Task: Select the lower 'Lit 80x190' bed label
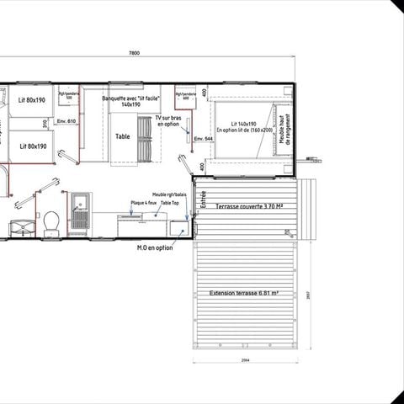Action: click(31, 146)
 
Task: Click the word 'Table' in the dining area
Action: click(122, 136)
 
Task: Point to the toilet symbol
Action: click(52, 222)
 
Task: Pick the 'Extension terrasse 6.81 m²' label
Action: click(246, 293)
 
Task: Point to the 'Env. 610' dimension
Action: click(67, 121)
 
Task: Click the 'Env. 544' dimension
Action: click(202, 138)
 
